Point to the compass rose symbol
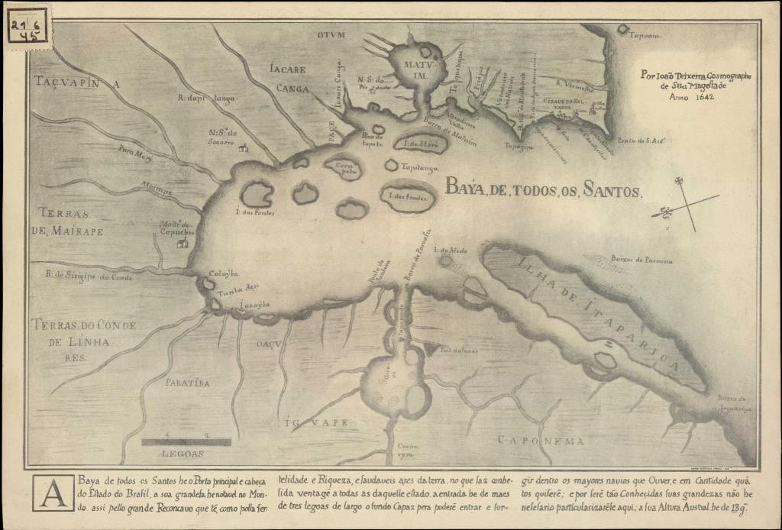[685, 204]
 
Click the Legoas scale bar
[186, 441]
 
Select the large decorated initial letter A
[53, 493]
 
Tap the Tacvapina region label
[77, 81]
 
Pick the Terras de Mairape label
[71, 221]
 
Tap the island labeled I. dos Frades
[409, 196]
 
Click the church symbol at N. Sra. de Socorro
[244, 147]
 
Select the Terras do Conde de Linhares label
[83, 334]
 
